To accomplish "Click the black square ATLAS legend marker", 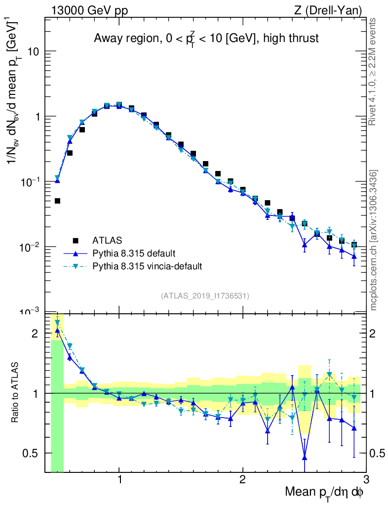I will pos(76,241).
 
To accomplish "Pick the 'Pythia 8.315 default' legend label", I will pos(133,253).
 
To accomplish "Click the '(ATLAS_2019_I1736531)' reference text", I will pos(205,296).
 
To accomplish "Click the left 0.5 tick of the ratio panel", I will pos(34,453).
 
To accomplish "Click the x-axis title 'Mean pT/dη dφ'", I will pos(324,492).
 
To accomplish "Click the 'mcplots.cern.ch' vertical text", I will pos(373,240).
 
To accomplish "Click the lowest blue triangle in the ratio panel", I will pos(305,457).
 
